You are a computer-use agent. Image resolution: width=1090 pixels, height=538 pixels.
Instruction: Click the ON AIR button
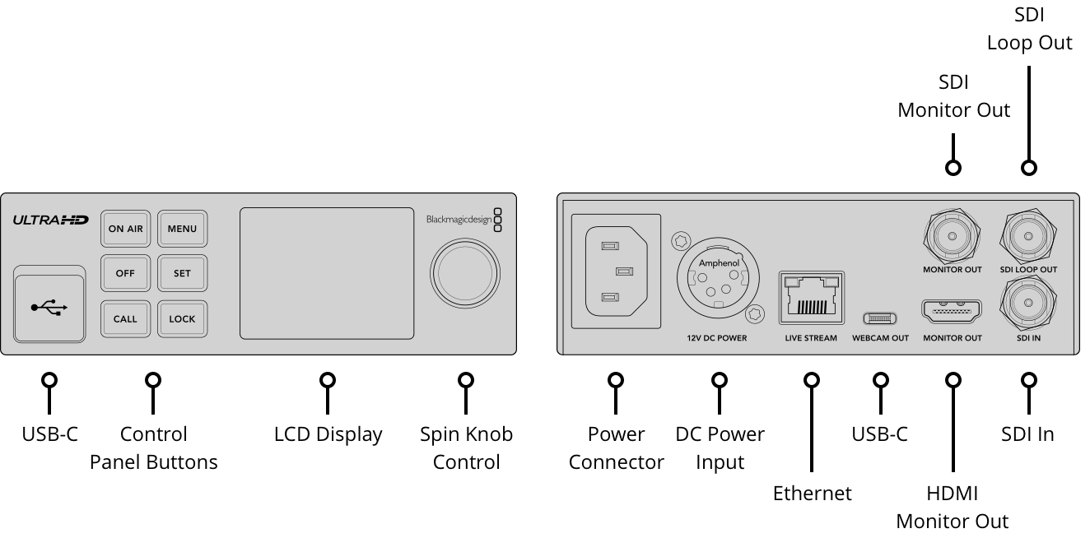coord(126,229)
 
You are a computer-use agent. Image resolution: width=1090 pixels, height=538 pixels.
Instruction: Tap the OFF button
coord(126,274)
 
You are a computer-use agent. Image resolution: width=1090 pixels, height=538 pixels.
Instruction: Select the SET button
coord(182,274)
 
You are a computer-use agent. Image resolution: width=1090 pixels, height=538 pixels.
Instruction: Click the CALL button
coord(126,318)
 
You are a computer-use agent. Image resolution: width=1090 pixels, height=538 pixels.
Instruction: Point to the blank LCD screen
coord(327,273)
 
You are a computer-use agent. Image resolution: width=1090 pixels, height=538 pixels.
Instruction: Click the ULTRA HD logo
coord(50,220)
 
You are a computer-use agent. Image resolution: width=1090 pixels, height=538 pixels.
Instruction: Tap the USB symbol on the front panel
coord(49,308)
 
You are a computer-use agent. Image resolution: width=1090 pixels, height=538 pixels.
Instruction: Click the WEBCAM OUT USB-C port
coord(880,318)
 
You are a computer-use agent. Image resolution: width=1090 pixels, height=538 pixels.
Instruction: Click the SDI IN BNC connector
coord(1027,304)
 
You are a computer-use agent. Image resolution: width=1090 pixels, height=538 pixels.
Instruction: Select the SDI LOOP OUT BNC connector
coord(1027,236)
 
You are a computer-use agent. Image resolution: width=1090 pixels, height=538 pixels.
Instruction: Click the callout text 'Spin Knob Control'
coord(466,448)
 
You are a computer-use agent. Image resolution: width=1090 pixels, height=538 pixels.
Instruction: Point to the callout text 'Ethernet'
coord(812,493)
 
